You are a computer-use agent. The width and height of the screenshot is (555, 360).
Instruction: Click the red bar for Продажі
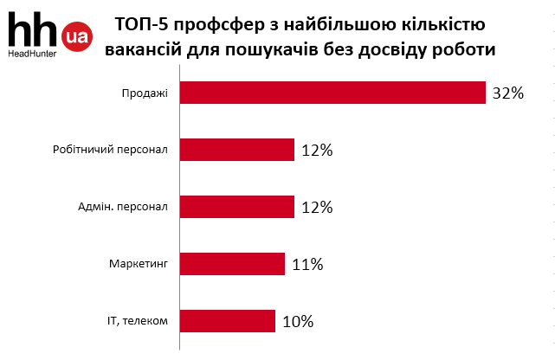click(332, 93)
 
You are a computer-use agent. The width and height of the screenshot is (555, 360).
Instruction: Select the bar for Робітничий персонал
click(236, 150)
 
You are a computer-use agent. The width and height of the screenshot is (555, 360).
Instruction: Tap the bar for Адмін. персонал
click(236, 207)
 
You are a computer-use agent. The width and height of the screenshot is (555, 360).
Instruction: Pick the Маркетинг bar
click(232, 264)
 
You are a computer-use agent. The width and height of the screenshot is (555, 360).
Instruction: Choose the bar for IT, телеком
click(227, 321)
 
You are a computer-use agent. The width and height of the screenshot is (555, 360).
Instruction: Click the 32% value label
click(508, 93)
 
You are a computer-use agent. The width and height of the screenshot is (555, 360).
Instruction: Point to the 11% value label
click(307, 265)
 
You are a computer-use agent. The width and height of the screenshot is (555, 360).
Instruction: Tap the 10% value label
click(297, 322)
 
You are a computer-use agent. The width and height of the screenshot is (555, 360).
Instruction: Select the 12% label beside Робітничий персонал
click(317, 151)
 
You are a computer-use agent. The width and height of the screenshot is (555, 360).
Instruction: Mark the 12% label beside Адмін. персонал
click(317, 208)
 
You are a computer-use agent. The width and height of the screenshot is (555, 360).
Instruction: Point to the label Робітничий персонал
click(111, 151)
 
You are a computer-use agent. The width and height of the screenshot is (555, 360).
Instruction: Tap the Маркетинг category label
click(139, 265)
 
